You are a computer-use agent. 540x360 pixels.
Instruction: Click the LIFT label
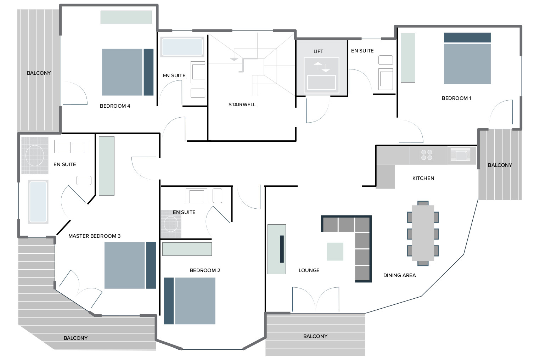318,51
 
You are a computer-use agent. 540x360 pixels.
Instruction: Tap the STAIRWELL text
242,105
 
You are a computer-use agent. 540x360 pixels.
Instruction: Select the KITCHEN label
423,179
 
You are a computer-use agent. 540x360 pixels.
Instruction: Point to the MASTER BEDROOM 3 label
94,236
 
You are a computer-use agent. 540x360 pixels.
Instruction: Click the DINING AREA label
399,275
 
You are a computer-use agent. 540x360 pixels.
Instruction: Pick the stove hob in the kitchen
427,155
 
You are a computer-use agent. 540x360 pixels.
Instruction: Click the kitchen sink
460,154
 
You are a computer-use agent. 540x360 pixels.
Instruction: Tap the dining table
423,233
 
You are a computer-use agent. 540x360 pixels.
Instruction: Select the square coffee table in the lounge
335,252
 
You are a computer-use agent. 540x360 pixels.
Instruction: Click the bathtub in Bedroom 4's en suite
182,47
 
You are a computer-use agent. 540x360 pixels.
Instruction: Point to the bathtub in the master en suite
38,202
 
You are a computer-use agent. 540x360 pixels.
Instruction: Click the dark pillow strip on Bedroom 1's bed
467,38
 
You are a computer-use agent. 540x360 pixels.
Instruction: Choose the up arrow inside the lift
318,65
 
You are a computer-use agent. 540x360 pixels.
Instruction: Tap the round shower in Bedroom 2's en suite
171,224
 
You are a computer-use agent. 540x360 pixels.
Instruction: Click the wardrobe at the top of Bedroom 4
126,17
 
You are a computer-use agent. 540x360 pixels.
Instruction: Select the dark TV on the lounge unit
282,249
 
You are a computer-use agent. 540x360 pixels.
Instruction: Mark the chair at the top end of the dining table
423,203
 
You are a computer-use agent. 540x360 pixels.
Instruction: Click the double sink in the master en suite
71,147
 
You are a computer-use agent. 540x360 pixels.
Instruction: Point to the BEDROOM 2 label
205,271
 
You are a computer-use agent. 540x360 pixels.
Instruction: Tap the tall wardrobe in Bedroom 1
408,58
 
